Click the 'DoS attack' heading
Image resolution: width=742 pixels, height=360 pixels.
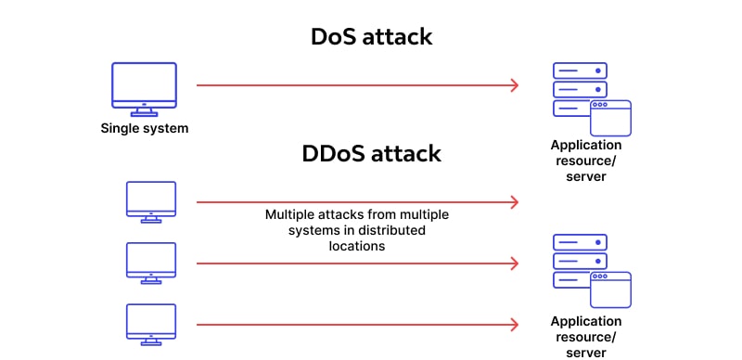[371, 37]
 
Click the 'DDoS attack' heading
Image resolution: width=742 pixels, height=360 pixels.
[371, 153]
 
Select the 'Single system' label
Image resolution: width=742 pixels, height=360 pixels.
[144, 128]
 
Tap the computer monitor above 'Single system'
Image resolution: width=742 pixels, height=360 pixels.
[144, 86]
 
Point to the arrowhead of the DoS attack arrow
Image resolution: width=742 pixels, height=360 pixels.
[513, 86]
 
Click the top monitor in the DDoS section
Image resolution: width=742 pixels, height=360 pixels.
[150, 199]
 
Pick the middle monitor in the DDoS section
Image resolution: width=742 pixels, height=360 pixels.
[150, 261]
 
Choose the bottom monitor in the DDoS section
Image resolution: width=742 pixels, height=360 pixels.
[150, 322]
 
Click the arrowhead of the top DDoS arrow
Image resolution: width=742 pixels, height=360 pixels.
[513, 201]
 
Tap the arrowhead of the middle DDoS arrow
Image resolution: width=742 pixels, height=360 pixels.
[513, 263]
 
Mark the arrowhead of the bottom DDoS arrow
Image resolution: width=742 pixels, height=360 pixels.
[513, 324]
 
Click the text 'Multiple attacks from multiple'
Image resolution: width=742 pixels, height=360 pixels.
[357, 213]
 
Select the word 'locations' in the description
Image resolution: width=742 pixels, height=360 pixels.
[356, 247]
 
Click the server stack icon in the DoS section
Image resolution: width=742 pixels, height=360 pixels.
[580, 89]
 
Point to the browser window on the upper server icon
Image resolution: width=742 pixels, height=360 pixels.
[610, 119]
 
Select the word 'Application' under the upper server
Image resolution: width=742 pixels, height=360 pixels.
[586, 145]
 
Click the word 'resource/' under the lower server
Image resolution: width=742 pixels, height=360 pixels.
[586, 337]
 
